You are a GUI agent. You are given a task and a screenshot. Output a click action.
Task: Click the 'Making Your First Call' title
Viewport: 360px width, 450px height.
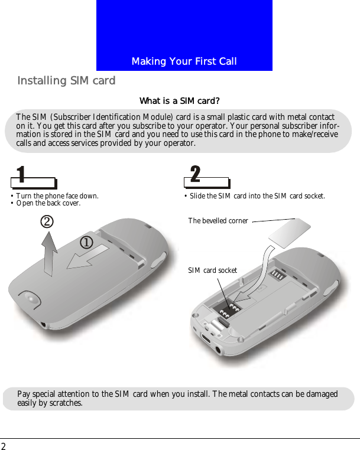[x=184, y=61]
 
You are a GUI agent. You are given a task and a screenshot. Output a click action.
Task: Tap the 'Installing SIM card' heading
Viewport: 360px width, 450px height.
[x=66, y=80]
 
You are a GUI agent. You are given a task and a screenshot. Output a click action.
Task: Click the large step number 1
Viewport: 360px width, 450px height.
[x=21, y=175]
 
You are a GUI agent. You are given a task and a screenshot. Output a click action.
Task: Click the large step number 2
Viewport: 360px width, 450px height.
[x=195, y=174]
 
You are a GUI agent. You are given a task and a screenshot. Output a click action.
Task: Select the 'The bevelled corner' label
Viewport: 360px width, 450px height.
[x=218, y=221]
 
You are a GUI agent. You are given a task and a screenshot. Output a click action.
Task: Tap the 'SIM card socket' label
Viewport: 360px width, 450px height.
[x=212, y=270]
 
